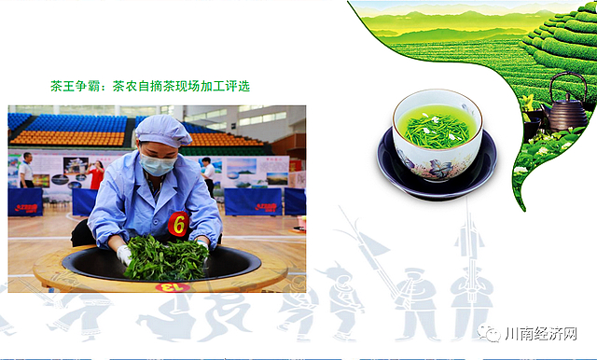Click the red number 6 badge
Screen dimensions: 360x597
point(177,224)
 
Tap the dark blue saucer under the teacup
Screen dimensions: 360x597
point(437,175)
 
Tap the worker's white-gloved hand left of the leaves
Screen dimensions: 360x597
point(123,254)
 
